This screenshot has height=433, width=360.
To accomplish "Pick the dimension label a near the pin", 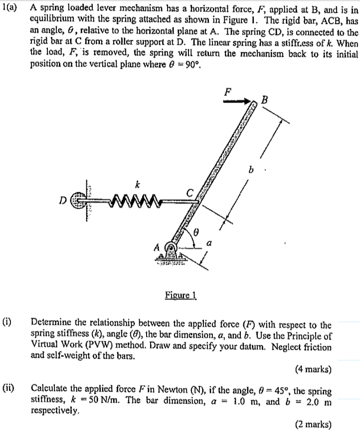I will [x=210, y=245].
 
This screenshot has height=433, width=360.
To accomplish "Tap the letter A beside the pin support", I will [x=157, y=248].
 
